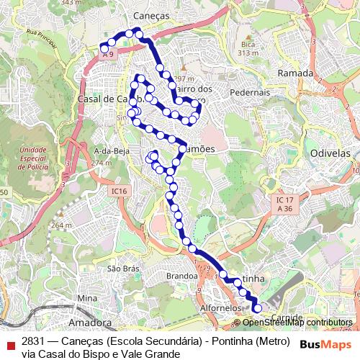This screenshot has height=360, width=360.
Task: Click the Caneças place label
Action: pyautogui.click(x=150, y=15)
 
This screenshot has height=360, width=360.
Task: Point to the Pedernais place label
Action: pyautogui.click(x=250, y=92)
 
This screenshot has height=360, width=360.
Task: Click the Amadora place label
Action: pyautogui.click(x=90, y=323)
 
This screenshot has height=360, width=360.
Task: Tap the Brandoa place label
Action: pyautogui.click(x=181, y=276)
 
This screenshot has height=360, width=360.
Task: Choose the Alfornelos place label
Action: pyautogui.click(x=220, y=307)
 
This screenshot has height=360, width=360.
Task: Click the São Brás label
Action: pyautogui.click(x=122, y=268)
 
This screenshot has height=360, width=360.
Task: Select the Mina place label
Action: pyautogui.click(x=86, y=298)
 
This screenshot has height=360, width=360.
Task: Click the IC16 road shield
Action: pyautogui.click(x=119, y=191)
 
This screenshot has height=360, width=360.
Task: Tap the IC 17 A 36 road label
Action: pyautogui.click(x=286, y=203)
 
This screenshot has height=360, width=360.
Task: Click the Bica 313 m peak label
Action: pyautogui.click(x=248, y=48)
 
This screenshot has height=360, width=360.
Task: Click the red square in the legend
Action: pyautogui.click(x=11, y=346)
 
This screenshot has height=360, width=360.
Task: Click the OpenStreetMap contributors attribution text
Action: pyautogui.click(x=297, y=323)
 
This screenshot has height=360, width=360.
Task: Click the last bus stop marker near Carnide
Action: pyautogui.click(x=258, y=309)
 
